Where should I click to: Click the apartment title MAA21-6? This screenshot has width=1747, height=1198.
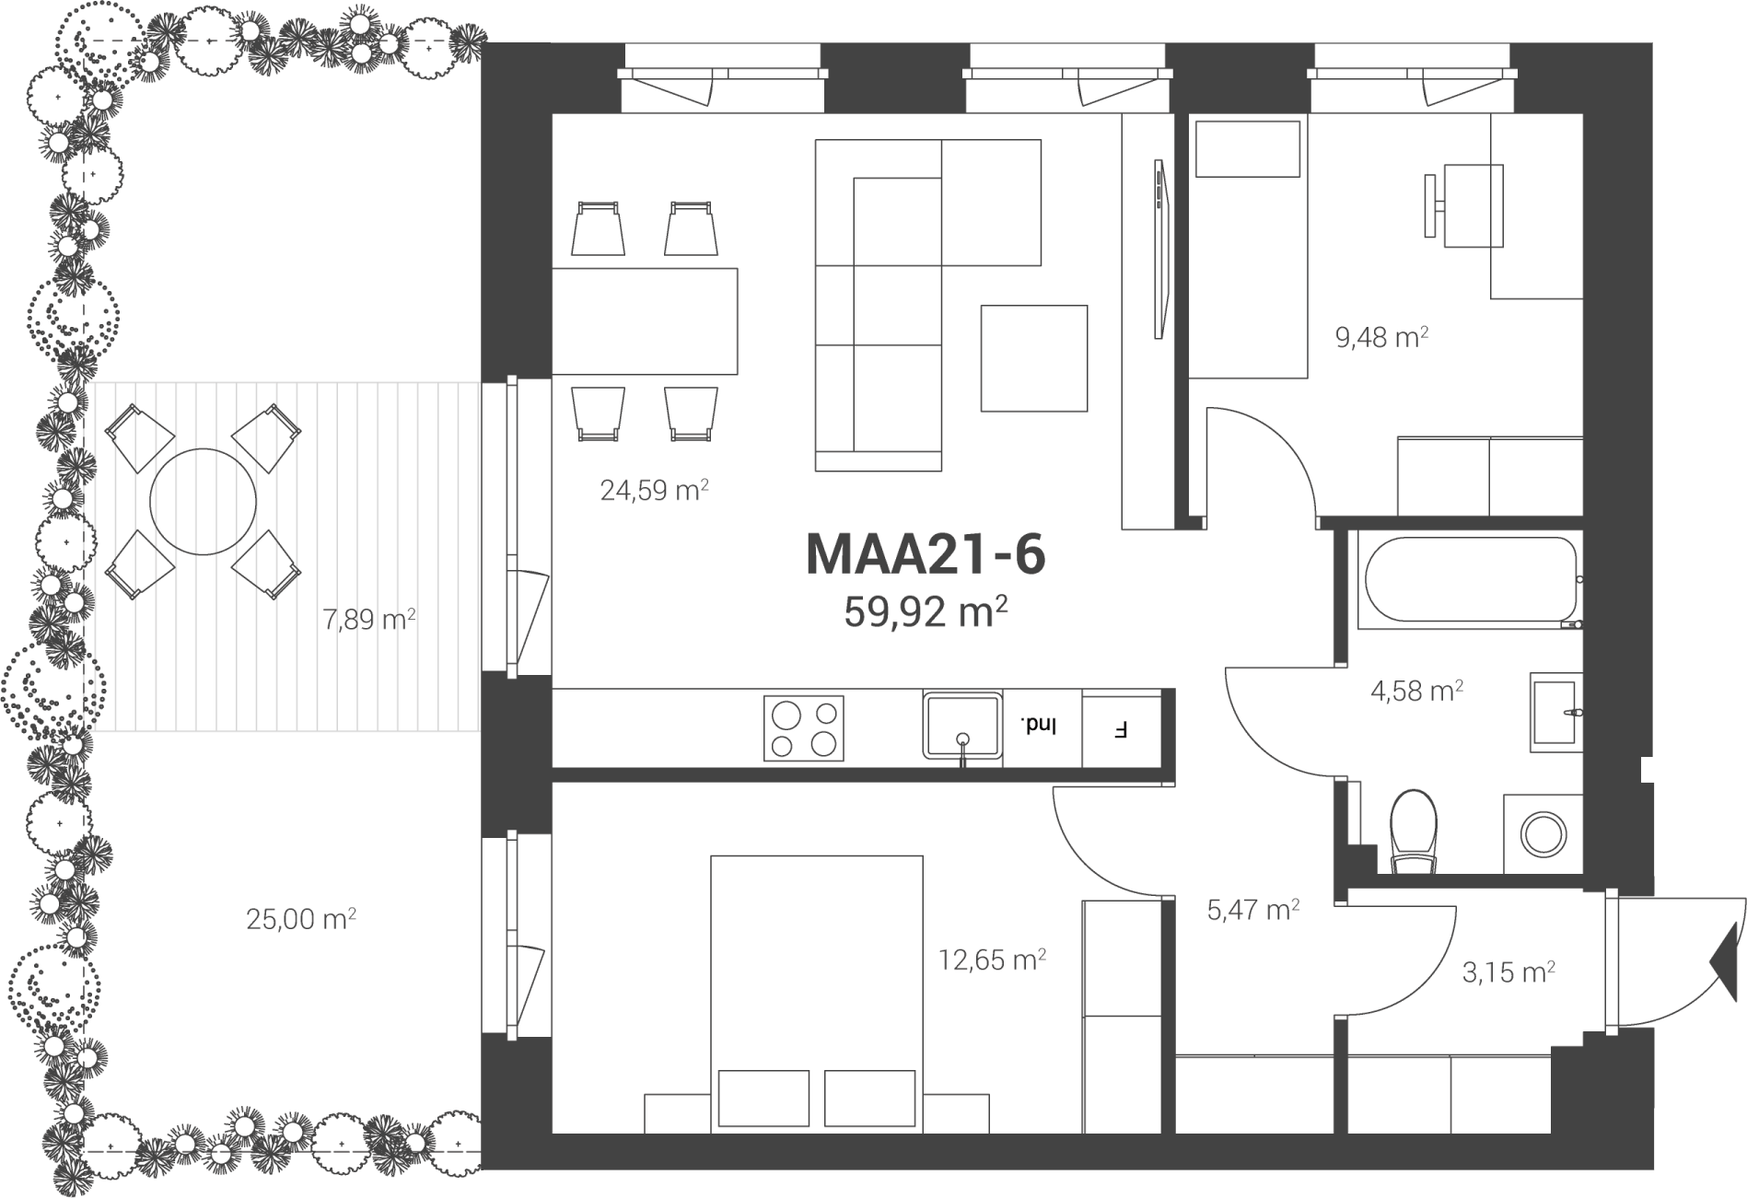pyautogui.click(x=926, y=554)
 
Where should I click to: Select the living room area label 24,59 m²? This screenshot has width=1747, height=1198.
pyautogui.click(x=654, y=490)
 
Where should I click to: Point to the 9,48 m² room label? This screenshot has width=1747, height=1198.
pyautogui.click(x=1381, y=337)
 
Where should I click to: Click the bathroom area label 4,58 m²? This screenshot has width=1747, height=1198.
pyautogui.click(x=1417, y=691)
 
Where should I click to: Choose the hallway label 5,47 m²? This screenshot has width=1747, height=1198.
pyautogui.click(x=1253, y=910)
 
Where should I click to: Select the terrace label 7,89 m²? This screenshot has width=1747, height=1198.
pyautogui.click(x=368, y=619)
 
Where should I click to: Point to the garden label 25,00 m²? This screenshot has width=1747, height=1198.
pyautogui.click(x=301, y=919)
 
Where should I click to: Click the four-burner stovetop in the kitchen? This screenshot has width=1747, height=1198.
pyautogui.click(x=803, y=728)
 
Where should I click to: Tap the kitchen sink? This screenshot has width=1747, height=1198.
pyautogui.click(x=962, y=726)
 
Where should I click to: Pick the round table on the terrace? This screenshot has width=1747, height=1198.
pyautogui.click(x=203, y=501)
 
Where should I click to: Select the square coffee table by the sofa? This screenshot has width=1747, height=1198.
pyautogui.click(x=1033, y=358)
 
